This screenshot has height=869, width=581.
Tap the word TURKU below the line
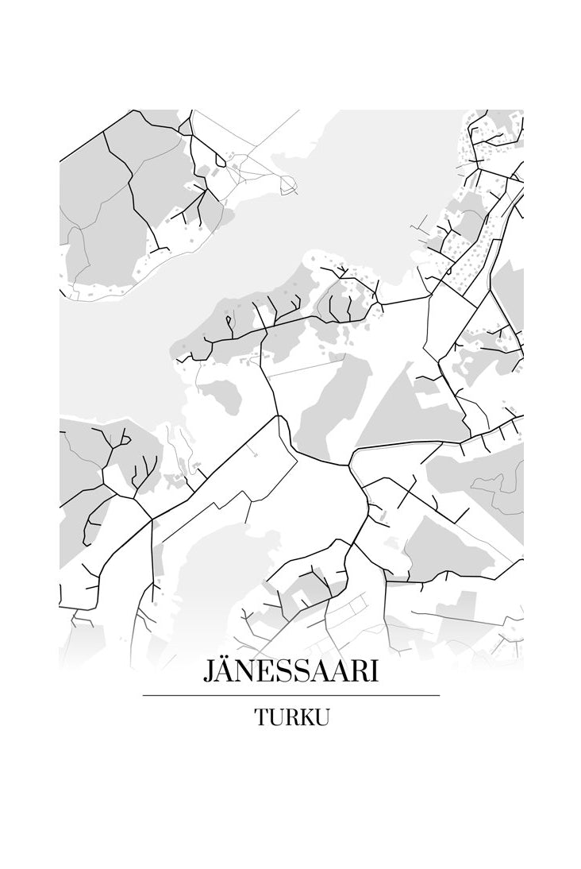[291, 716]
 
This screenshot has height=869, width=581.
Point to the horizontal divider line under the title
[290, 696]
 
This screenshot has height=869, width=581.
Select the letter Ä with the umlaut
[225, 672]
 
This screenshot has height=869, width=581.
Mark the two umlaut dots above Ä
[225, 659]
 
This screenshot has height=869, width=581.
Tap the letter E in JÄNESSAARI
[264, 672]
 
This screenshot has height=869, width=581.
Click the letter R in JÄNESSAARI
[353, 672]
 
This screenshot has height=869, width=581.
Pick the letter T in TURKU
[261, 716]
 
